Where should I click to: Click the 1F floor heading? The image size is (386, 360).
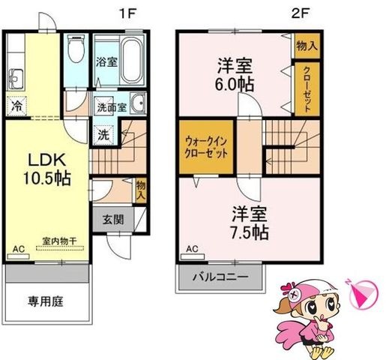(127, 14)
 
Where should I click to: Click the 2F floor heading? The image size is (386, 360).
(301, 14)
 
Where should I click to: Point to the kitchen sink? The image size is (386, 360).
(15, 79)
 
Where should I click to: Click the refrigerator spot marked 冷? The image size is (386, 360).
(16, 106)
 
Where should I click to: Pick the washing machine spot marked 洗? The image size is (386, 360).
(103, 135)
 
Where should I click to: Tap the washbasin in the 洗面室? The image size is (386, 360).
(137, 103)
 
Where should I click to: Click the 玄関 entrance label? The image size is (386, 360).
(113, 220)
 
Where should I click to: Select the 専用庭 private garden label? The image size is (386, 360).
(46, 301)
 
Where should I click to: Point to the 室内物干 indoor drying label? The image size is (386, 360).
(59, 241)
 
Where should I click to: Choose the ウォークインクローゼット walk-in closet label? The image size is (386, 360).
(206, 148)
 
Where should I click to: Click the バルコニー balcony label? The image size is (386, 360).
(221, 277)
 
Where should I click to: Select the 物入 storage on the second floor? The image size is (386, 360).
(307, 46)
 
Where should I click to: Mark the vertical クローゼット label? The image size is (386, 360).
(307, 89)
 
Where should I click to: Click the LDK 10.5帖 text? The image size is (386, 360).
(47, 169)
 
